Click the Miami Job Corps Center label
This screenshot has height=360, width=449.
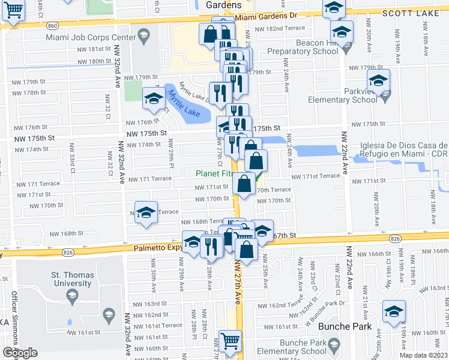[91, 37]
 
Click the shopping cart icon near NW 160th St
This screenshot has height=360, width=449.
[230, 341]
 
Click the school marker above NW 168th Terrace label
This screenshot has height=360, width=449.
[145, 212]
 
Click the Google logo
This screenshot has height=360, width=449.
[20, 353]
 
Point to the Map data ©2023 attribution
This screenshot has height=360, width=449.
[423, 355]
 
